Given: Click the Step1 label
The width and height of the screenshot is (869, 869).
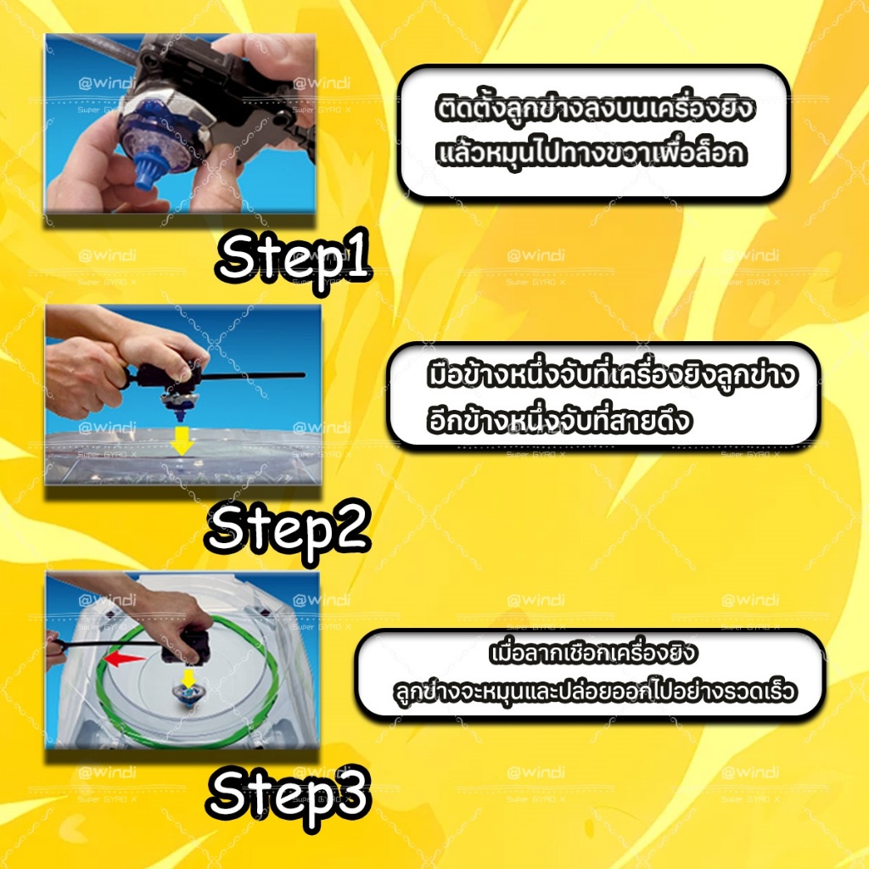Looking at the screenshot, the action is [294, 256].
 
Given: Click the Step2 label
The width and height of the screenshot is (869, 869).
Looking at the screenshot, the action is [289, 529].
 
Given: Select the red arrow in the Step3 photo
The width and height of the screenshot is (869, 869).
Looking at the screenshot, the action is [125, 659].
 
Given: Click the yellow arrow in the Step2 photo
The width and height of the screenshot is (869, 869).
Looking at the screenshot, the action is [182, 440].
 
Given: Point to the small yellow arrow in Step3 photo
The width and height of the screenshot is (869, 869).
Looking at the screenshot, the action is [188, 677].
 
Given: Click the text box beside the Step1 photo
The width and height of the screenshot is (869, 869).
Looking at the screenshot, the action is [594, 132].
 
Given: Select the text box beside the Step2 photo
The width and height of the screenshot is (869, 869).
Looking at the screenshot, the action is [604, 395].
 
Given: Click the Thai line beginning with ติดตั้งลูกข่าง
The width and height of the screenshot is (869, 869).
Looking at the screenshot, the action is [594, 108].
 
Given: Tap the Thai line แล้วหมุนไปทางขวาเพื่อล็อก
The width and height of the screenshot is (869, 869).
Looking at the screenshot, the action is [591, 153].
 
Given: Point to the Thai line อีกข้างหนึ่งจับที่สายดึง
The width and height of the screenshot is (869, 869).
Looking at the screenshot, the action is [560, 420].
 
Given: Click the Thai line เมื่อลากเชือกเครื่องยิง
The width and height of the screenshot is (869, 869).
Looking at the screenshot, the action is [592, 653].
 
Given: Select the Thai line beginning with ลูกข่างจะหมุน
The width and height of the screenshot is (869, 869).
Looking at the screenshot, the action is [594, 691].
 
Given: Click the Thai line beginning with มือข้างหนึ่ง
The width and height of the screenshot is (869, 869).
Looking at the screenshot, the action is [612, 374].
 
